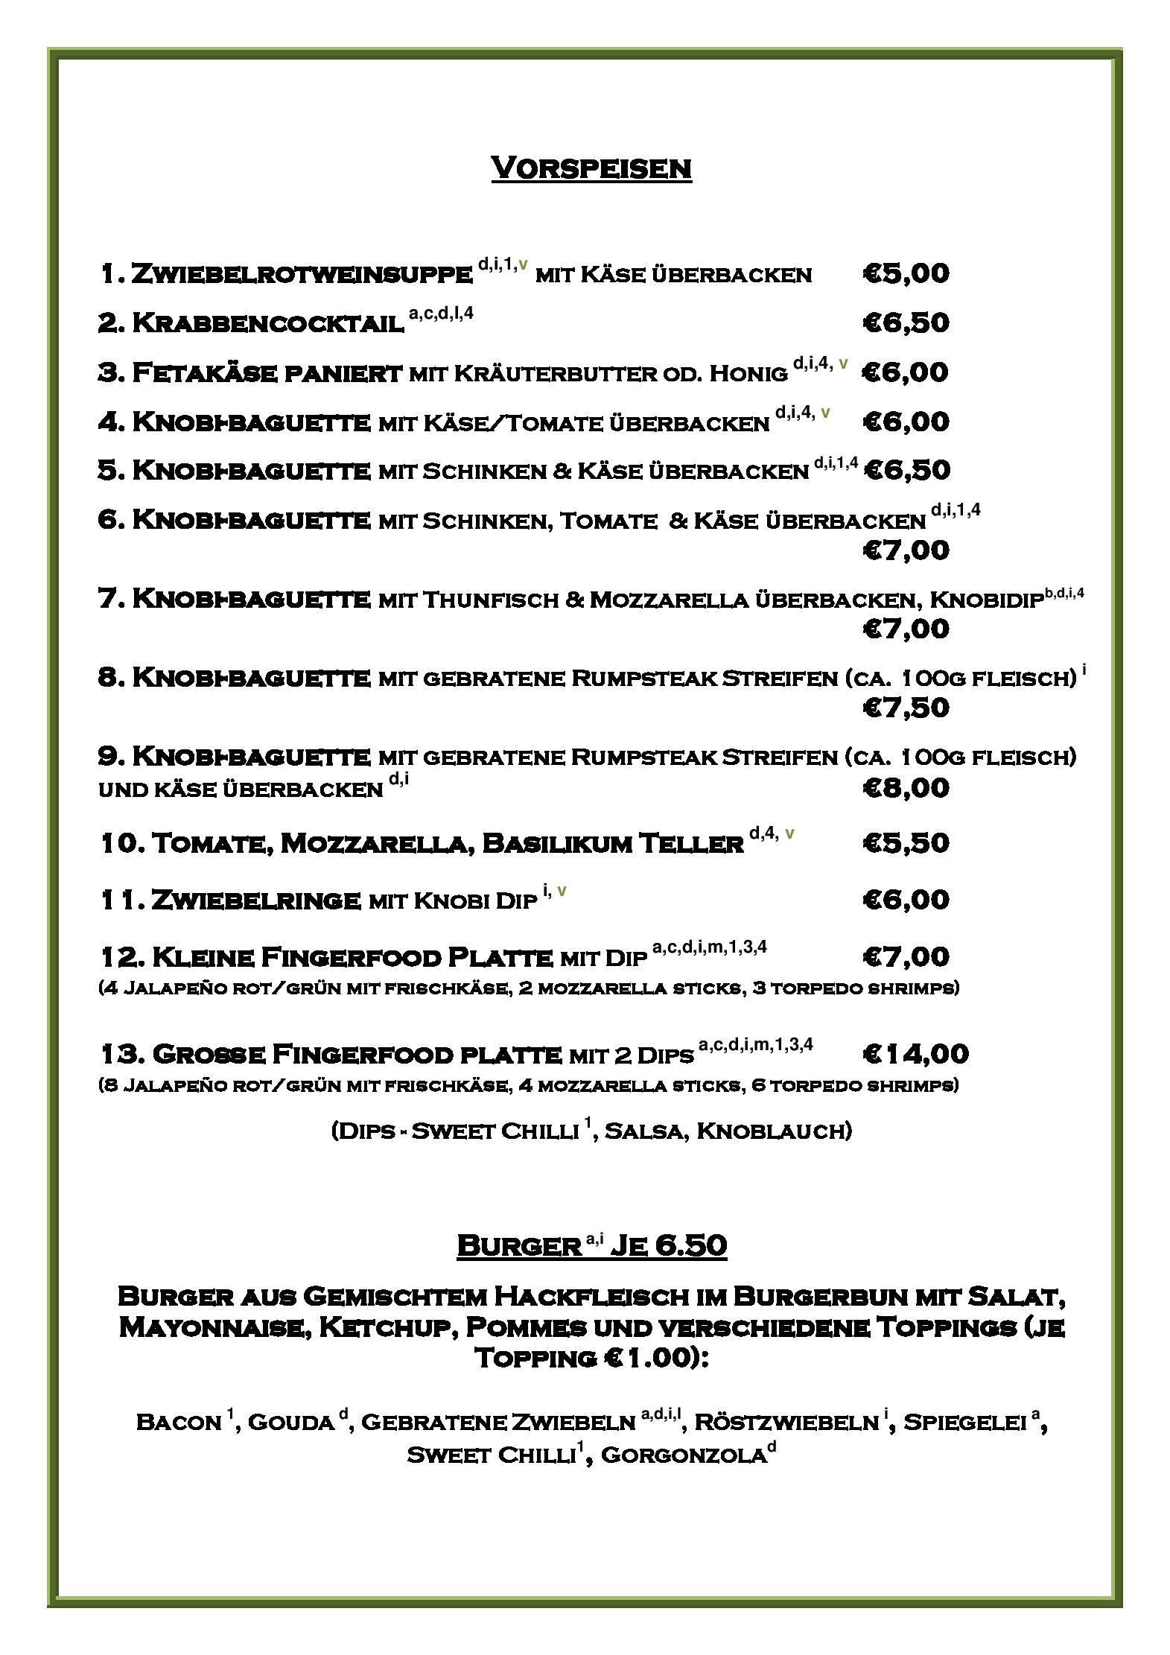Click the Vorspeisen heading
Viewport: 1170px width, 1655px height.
[591, 168]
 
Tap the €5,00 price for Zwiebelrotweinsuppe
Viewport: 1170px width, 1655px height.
[906, 273]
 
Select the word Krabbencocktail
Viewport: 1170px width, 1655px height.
[268, 323]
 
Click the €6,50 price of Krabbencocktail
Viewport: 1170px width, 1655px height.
[906, 323]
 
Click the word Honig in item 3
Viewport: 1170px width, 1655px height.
[748, 373]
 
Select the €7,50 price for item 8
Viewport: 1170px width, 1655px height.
[906, 707]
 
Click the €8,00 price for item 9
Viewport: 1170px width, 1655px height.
[906, 787]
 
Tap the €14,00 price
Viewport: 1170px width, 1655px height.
[915, 1054]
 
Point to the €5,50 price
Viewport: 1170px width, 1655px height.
[906, 843]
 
